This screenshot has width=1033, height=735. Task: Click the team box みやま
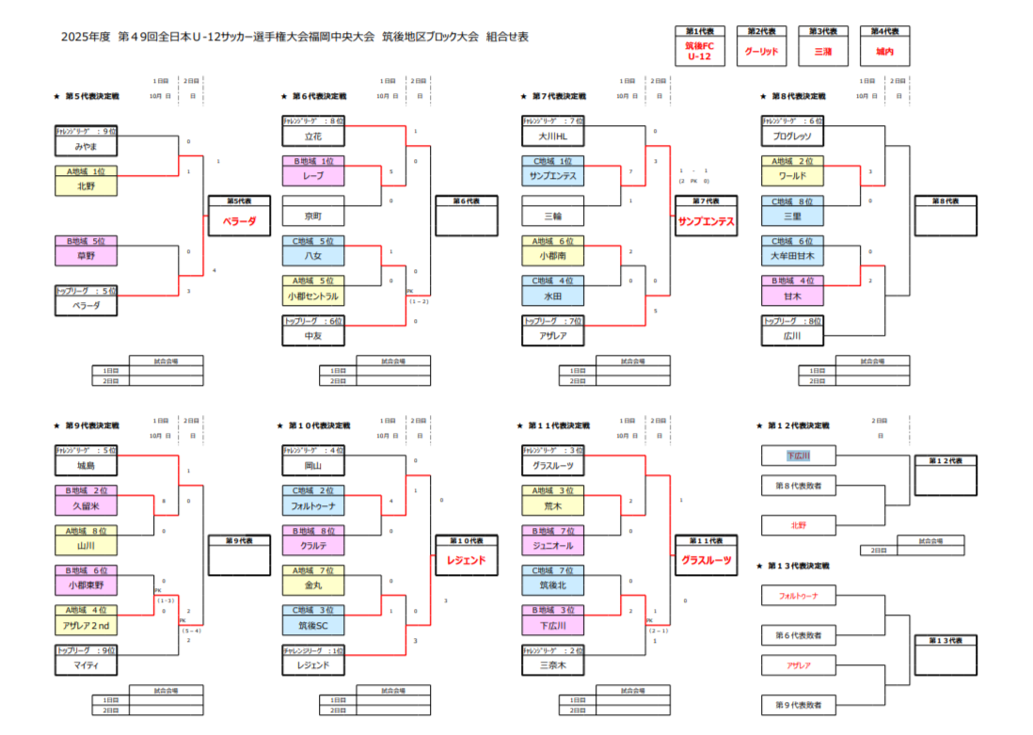point(86,147)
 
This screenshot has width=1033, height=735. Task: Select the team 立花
point(313,136)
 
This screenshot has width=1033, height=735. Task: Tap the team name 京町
point(313,216)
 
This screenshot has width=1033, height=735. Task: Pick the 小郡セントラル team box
point(313,296)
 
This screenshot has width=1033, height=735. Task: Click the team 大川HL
point(553,136)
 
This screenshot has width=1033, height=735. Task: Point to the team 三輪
point(553,216)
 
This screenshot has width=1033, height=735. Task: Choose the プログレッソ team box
point(792,136)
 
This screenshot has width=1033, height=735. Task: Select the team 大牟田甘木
point(792,255)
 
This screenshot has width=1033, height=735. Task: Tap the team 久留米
point(86,505)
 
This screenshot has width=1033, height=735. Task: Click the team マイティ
point(86,664)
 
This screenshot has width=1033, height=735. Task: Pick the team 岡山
point(313,465)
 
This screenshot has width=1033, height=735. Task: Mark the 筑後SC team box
point(313,624)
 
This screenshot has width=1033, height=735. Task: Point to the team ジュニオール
point(553,545)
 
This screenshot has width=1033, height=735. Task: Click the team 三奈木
point(553,664)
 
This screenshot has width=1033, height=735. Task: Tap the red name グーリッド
point(761,51)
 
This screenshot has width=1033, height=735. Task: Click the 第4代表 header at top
point(884,31)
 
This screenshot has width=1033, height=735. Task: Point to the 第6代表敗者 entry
point(799,636)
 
